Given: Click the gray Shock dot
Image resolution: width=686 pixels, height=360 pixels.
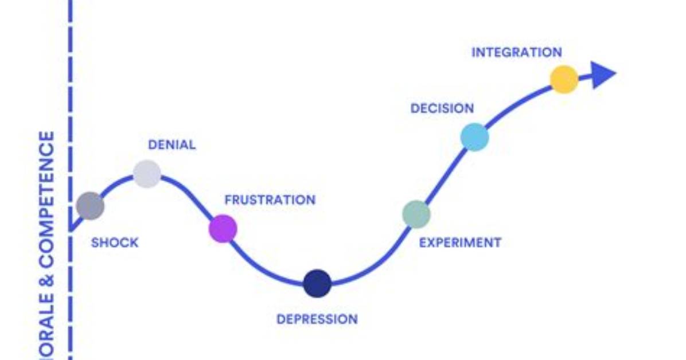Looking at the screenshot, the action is [90, 206].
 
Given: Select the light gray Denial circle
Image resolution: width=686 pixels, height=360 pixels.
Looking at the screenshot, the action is [147, 174].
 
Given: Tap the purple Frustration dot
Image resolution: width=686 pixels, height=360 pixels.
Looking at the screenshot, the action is [223, 228].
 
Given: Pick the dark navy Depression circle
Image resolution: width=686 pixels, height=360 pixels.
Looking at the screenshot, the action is [317, 283].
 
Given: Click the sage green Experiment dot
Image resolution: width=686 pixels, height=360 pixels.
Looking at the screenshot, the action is [416, 214].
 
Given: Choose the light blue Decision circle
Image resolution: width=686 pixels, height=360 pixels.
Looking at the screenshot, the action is [475, 137].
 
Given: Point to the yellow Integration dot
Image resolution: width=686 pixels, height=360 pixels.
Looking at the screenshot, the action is [564, 79].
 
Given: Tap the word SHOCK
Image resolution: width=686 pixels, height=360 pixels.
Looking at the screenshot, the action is [115, 242].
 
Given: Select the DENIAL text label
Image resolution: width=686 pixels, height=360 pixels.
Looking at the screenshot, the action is [172, 145].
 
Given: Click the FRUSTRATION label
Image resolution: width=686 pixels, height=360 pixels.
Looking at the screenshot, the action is [270, 200].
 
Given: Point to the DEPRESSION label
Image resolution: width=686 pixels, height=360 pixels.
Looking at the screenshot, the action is [317, 319].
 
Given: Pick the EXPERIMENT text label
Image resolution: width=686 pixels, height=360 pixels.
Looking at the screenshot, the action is [460, 242].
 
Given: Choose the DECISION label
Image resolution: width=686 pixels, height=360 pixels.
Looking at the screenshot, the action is [442, 108].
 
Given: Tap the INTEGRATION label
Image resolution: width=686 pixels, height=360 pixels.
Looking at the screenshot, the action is [517, 53].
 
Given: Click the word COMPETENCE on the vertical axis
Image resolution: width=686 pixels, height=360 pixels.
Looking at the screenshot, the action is [47, 199].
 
